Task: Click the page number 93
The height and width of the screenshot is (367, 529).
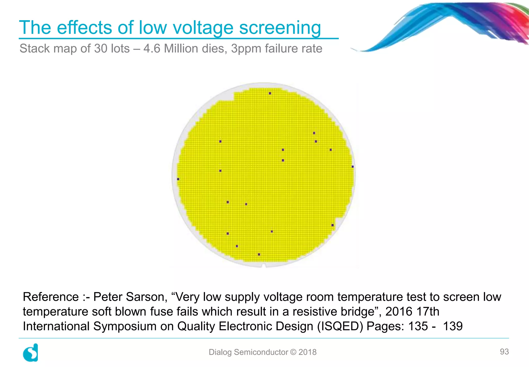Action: [x=504, y=351]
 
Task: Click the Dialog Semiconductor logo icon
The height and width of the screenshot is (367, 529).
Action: [x=31, y=353]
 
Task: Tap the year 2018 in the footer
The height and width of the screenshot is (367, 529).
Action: [x=307, y=352]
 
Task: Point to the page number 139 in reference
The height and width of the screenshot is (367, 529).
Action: [x=453, y=326]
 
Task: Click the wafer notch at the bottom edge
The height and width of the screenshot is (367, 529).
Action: [x=264, y=266]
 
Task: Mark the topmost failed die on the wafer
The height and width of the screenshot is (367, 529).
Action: [x=270, y=93]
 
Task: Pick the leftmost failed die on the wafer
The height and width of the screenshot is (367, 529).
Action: [x=178, y=179]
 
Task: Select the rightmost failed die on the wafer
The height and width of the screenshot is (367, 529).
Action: [x=353, y=167]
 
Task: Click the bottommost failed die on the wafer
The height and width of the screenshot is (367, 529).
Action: [x=259, y=254]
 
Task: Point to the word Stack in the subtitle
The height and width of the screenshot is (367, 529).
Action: [x=35, y=49]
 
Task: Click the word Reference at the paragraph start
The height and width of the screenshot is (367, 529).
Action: [x=51, y=297]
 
